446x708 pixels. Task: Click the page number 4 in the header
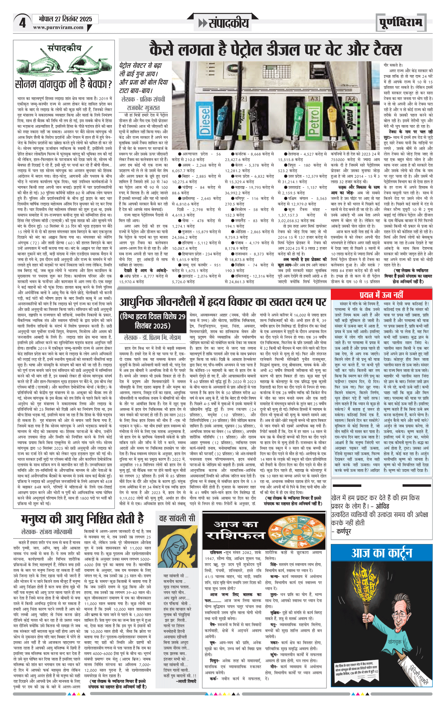[x=22, y=23]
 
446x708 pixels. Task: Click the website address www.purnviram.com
[x=58, y=27]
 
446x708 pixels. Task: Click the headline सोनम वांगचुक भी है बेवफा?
[x=63, y=84]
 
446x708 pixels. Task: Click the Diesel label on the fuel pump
[x=205, y=121]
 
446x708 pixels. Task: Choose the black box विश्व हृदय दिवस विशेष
[x=153, y=321]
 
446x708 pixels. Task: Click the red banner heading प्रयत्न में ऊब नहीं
[x=381, y=295]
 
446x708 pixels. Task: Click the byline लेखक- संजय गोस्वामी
[x=47, y=532]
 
